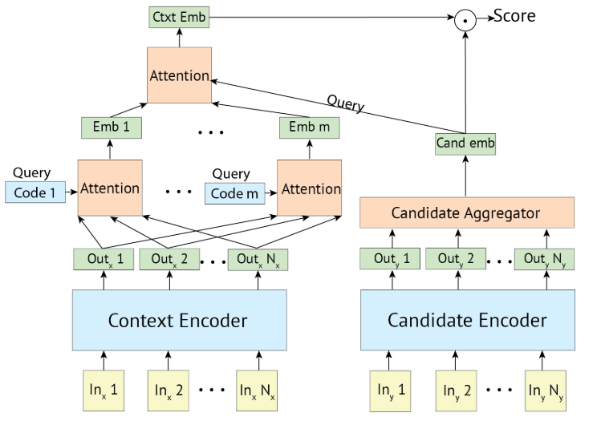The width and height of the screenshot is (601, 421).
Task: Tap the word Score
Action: coord(514,16)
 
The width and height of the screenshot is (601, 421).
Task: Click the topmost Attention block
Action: coord(179,75)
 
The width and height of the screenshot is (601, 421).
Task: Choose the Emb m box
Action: coord(309,128)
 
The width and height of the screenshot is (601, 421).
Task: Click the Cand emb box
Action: coord(465,144)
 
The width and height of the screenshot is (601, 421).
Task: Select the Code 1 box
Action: coord(35,192)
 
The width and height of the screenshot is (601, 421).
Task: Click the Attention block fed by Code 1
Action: coord(110,188)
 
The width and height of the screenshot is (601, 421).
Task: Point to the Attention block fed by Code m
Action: coord(309,188)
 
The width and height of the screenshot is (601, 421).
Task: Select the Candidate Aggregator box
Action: coord(465,213)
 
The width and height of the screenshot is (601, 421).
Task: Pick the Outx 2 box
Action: coord(169,259)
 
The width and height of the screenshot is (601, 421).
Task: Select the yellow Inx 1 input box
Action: coord(103,391)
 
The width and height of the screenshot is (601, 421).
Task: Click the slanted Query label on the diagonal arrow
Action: coord(344,103)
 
